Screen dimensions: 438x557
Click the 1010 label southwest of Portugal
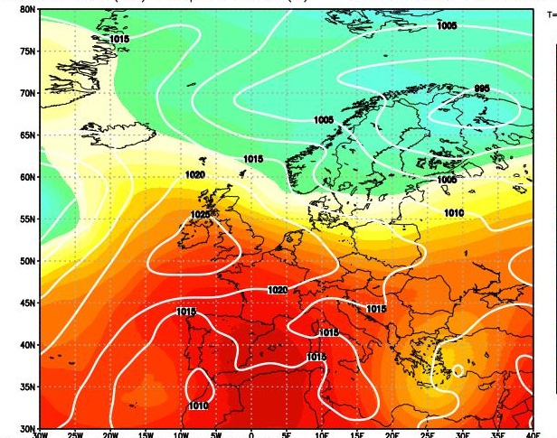(x=198, y=406)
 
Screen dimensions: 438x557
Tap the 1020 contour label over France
(x=278, y=290)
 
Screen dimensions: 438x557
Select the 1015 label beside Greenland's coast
(x=119, y=40)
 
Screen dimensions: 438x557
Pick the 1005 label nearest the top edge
(x=446, y=27)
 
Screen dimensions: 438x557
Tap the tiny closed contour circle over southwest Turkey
(x=458, y=369)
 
